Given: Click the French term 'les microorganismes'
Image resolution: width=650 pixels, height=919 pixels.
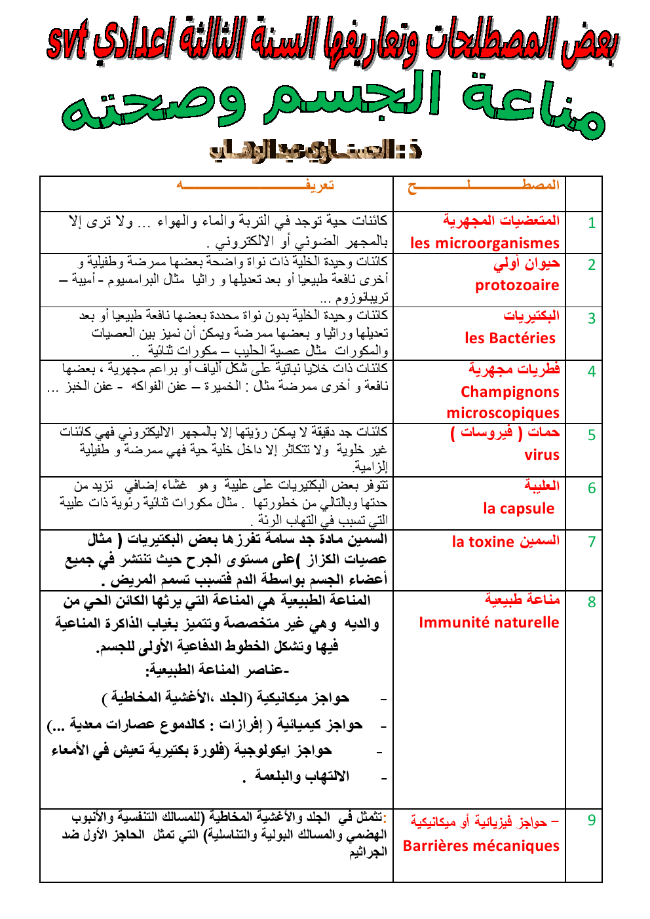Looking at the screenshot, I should (484, 244).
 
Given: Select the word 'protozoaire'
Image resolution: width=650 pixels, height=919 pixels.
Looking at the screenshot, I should (517, 286).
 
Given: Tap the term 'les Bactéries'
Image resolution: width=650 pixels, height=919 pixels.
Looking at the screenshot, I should (510, 339).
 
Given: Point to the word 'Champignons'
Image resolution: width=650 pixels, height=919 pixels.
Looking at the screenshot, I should (510, 392).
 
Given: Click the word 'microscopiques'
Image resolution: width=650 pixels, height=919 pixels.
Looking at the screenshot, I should (503, 413).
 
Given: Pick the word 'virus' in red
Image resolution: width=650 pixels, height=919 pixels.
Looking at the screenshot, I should (542, 455).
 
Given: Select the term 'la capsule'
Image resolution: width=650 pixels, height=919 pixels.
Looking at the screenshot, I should (518, 509).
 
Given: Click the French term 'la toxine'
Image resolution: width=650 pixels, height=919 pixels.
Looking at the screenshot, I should (483, 542).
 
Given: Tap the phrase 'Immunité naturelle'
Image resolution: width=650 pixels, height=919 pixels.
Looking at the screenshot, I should (489, 623).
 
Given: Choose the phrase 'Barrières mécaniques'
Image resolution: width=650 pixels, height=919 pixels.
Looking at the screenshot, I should (481, 846).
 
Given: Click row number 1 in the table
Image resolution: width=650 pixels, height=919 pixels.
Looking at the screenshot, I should (591, 223).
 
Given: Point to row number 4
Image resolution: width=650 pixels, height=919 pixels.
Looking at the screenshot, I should (591, 372).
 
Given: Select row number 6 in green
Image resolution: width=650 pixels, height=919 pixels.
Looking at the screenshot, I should (591, 489).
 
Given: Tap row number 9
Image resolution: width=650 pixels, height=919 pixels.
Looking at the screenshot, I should (591, 821).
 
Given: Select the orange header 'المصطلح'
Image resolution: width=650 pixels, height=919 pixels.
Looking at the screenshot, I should (484, 186).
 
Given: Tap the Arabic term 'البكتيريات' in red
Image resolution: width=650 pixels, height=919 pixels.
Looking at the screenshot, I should (531, 316).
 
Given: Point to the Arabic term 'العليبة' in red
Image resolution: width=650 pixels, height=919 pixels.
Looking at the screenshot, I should (541, 486).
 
